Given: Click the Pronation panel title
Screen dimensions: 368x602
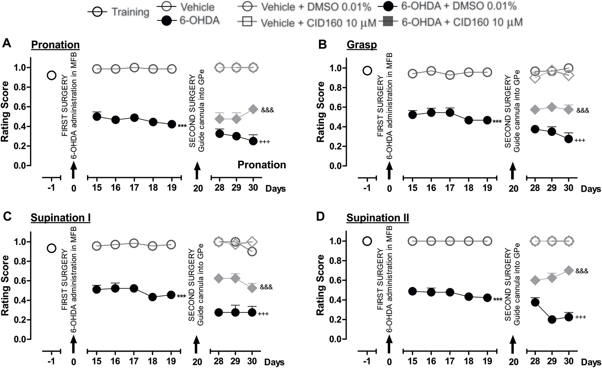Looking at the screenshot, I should click(55, 44).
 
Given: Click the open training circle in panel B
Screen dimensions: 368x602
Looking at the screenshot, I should click(367, 71).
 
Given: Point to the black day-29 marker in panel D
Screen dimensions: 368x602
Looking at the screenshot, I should click(552, 319).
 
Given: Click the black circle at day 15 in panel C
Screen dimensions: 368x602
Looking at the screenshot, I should click(97, 290).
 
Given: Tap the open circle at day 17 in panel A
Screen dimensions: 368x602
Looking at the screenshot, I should click(134, 68).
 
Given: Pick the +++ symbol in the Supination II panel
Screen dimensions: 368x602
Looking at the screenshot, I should click(580, 317).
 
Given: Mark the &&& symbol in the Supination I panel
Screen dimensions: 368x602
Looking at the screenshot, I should click(266, 288).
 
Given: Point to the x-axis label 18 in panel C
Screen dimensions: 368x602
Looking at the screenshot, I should click(153, 361).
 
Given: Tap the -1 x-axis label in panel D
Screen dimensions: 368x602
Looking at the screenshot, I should click(367, 361).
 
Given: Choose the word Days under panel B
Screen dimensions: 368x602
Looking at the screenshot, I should click(590, 189).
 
